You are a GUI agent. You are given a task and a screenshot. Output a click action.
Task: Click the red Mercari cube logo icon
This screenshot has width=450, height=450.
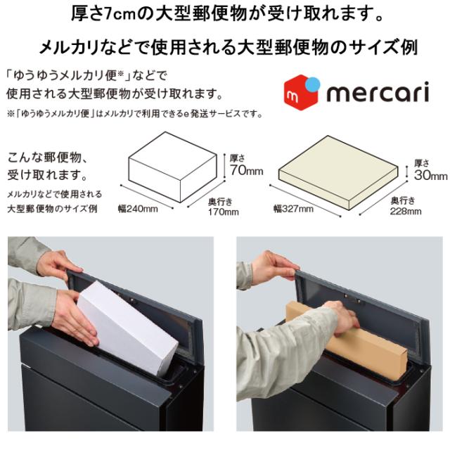[302, 92]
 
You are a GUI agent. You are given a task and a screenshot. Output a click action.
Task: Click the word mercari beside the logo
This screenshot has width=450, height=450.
[378, 92]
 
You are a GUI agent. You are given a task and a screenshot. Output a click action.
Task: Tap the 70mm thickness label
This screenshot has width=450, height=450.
[247, 170]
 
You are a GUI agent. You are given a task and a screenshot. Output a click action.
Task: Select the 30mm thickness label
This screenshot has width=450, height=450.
[430, 175]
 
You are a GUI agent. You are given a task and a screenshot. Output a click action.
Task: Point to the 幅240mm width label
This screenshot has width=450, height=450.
[138, 209]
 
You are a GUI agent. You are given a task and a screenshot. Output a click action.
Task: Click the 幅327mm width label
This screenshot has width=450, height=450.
[293, 209]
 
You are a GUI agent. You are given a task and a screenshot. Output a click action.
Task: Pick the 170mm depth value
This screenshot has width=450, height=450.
[224, 212]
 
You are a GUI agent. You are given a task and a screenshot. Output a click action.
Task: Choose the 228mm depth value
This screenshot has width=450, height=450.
[406, 212]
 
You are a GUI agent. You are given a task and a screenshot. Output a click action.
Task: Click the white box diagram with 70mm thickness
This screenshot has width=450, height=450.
[173, 167]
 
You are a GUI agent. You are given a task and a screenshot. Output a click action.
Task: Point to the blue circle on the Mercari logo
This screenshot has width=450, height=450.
[312, 84]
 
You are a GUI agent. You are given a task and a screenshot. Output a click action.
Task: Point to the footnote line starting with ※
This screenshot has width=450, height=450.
[135, 114]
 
